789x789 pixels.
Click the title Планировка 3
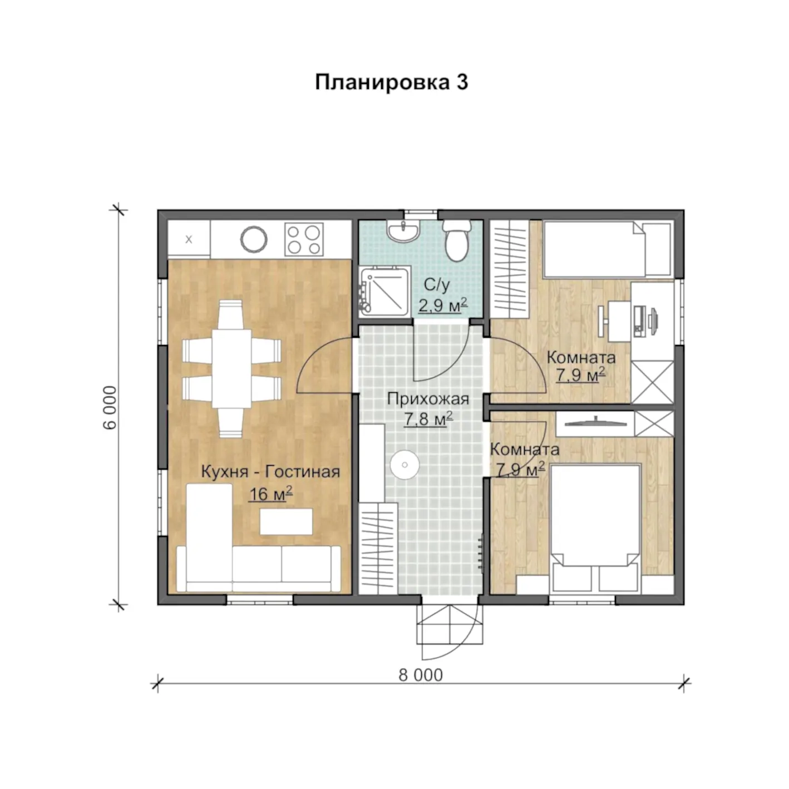391,82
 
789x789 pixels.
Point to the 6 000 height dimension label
110,407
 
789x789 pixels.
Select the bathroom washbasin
403,231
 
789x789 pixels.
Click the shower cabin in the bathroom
384,291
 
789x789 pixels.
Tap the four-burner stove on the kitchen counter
304,239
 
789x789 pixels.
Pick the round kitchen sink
254,239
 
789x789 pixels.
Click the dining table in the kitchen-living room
231,369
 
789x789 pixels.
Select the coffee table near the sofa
286,521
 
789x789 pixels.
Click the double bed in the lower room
595,527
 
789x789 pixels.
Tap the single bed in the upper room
608,249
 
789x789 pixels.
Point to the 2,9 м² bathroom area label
442,305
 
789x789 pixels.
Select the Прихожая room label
428,399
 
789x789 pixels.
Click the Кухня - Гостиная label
270,472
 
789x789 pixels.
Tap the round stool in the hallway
405,465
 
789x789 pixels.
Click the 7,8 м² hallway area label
428,419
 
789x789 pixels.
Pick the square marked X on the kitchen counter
189,239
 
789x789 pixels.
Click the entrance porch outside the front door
450,624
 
